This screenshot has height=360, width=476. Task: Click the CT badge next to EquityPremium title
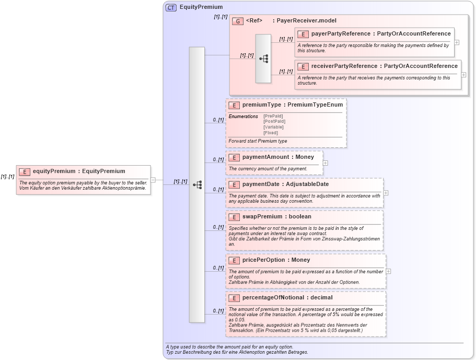(x=171, y=7)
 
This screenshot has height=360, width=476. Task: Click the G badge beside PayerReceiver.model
(x=238, y=21)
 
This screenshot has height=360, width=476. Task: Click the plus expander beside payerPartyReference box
(x=457, y=43)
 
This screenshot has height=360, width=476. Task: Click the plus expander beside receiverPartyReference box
(x=463, y=75)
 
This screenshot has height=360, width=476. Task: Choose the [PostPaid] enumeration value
(x=274, y=121)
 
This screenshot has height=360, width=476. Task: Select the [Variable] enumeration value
(x=274, y=127)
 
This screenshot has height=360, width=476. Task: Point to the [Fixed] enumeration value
(x=271, y=133)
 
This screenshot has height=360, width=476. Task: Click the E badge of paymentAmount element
(x=234, y=157)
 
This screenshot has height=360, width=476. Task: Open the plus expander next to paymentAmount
(x=326, y=162)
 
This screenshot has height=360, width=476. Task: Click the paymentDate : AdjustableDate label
(x=285, y=184)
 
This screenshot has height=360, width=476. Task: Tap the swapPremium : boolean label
(x=276, y=216)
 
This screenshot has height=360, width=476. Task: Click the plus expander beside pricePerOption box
(x=388, y=271)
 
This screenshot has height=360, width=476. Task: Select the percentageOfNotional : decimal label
(x=287, y=298)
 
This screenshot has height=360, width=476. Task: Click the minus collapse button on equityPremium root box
(x=153, y=180)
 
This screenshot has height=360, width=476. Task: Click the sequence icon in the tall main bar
(x=197, y=184)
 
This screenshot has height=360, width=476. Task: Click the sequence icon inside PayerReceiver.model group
(x=263, y=59)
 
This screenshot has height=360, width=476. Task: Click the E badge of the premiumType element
(x=234, y=105)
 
